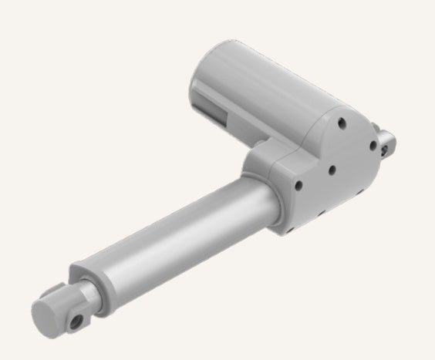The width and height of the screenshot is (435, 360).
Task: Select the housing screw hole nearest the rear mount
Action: (x=373, y=143)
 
